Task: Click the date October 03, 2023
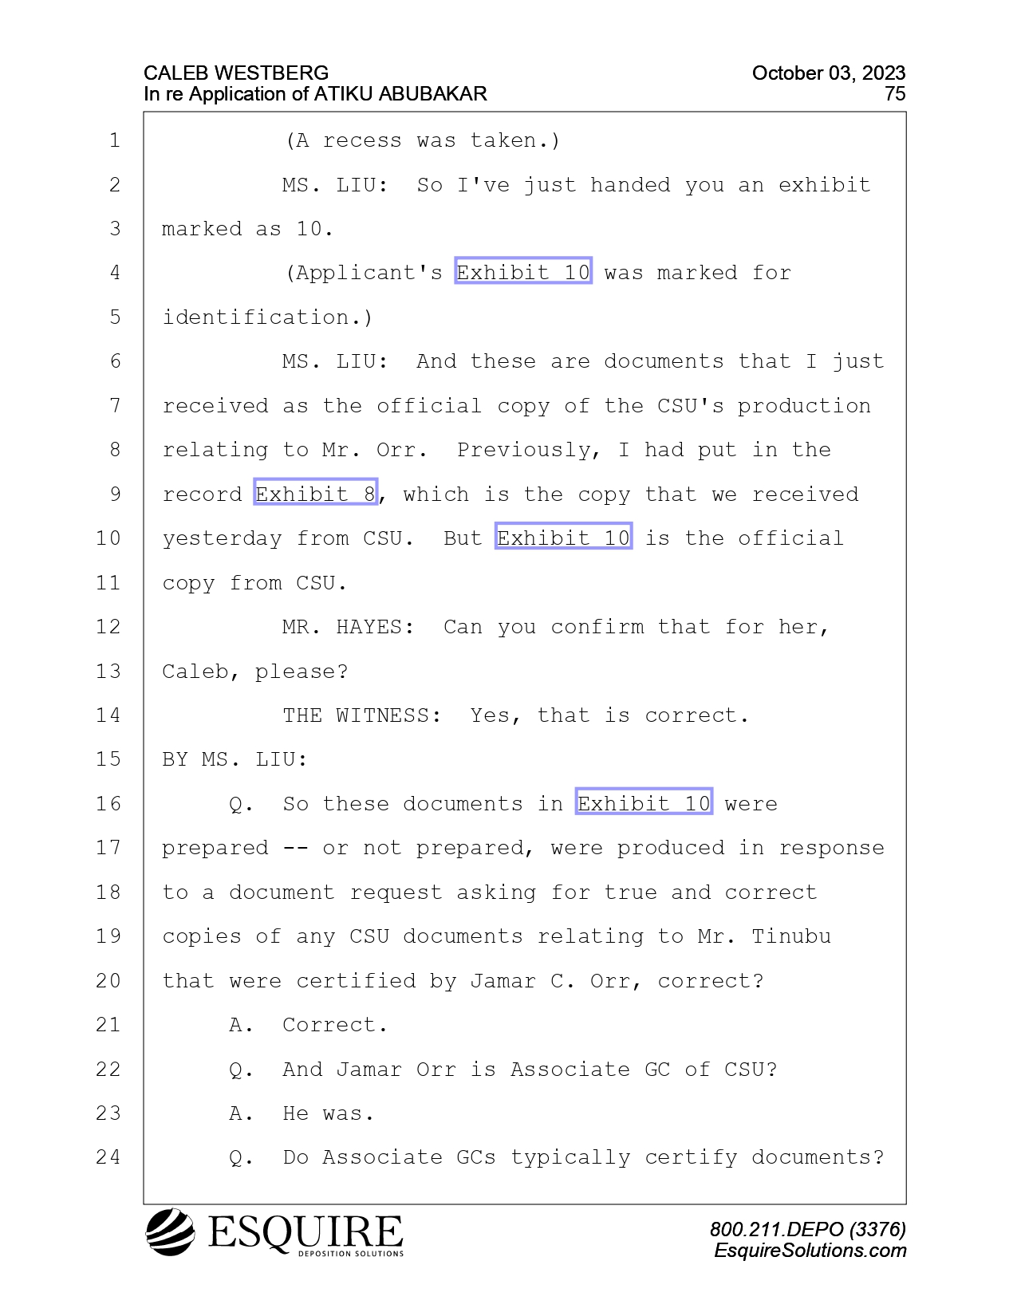point(829,73)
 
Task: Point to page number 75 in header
point(895,94)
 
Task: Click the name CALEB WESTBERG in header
point(236,73)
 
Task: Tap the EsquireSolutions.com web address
point(810,1251)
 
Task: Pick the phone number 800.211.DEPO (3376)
point(808,1229)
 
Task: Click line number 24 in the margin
point(108,1157)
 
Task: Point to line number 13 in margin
point(108,671)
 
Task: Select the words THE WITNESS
point(361,715)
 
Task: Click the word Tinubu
point(791,936)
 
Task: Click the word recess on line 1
point(361,140)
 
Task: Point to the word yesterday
point(222,538)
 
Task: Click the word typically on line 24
point(570,1157)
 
